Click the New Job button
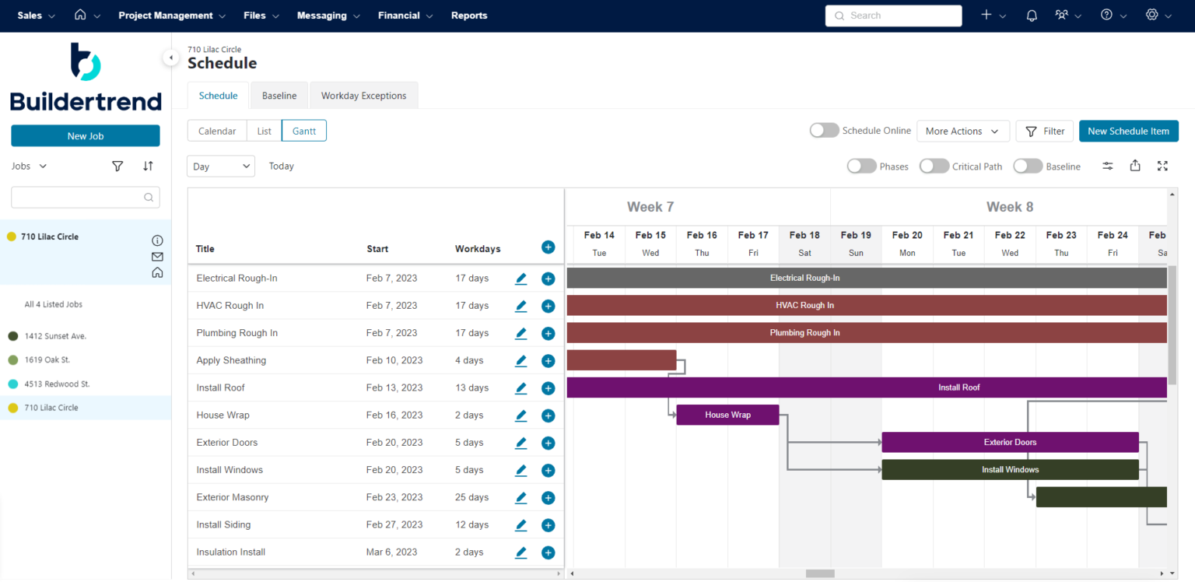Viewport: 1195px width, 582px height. [x=86, y=136]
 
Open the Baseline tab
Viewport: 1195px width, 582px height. [x=279, y=96]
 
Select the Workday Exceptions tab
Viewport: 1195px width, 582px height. [x=363, y=96]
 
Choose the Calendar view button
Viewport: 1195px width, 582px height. [x=217, y=131]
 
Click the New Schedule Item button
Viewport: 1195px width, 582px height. [x=1128, y=131]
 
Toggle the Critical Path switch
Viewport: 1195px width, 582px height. [x=934, y=167]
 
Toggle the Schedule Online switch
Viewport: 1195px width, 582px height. [x=825, y=131]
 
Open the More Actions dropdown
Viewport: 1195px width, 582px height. [x=962, y=131]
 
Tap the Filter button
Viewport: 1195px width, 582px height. [x=1044, y=131]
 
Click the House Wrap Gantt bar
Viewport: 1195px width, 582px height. [x=727, y=415]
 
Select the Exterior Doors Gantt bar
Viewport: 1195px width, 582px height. [x=1009, y=442]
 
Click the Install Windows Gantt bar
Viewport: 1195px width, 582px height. [x=1009, y=470]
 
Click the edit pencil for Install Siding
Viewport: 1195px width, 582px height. [x=521, y=524]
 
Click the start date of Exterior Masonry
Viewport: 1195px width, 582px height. [x=394, y=497]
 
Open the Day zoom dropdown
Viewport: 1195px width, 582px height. [x=221, y=167]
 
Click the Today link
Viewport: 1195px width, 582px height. [x=282, y=167]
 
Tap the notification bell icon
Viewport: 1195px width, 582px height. [x=1032, y=16]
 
